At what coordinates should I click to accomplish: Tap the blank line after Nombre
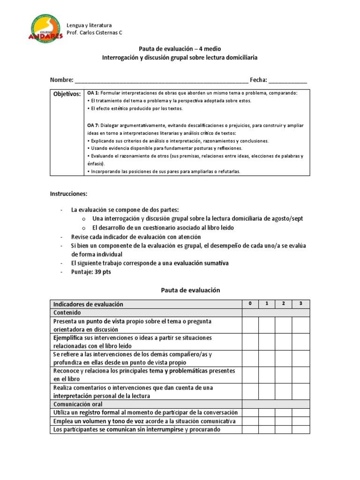pos(161,80)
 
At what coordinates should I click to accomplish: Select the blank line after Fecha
pos(288,80)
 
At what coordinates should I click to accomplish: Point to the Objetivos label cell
pos(67,94)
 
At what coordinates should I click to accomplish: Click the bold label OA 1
pos(93,93)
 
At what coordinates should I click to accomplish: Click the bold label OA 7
pos(93,125)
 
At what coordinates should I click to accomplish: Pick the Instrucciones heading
pos(68,194)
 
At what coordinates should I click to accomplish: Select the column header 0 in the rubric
pos(250,304)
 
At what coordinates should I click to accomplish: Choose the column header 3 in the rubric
pos(300,304)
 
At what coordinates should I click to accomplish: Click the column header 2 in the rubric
pos(283,304)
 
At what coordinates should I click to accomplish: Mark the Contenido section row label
pos(67,313)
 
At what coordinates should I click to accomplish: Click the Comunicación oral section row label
pos(78,404)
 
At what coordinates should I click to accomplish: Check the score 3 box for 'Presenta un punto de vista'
pos(300,325)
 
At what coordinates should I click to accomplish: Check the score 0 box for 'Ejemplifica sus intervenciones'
pos(250,342)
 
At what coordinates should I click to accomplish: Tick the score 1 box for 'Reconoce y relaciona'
pos(266,375)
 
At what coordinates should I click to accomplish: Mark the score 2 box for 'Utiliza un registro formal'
pos(283,412)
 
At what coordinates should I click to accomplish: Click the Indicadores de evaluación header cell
pos(89,304)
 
